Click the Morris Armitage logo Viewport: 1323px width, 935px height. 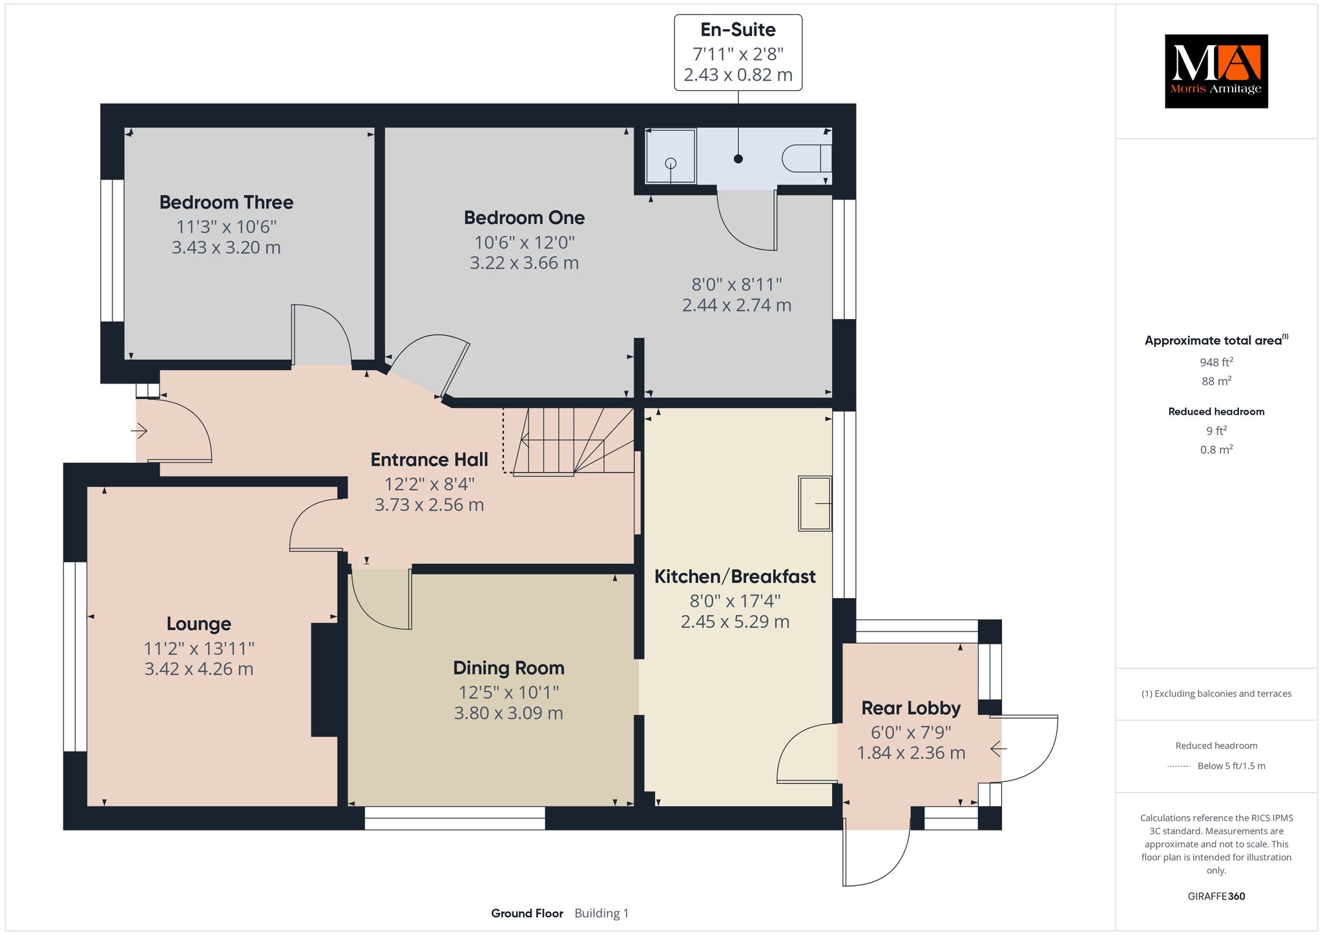[1216, 71]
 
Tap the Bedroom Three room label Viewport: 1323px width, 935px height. [226, 203]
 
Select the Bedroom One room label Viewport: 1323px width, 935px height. [524, 218]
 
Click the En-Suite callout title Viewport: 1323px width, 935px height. [738, 30]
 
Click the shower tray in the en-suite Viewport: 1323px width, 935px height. [671, 156]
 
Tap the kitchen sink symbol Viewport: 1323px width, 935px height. [815, 503]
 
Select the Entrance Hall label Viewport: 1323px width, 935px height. [429, 460]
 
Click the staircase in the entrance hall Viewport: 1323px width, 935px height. [571, 441]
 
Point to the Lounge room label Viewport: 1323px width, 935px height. [198, 624]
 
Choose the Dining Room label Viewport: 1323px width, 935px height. [508, 668]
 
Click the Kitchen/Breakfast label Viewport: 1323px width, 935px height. [734, 577]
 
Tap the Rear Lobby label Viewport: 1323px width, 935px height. [911, 708]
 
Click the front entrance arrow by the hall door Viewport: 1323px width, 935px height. [140, 430]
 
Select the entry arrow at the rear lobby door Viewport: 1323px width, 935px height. [999, 749]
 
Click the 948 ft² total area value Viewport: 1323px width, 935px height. [1216, 362]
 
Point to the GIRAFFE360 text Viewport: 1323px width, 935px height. [1216, 896]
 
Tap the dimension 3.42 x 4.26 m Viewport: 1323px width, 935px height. [198, 669]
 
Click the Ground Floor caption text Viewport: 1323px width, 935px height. [527, 913]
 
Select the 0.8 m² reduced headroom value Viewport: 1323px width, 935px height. [1216, 449]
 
